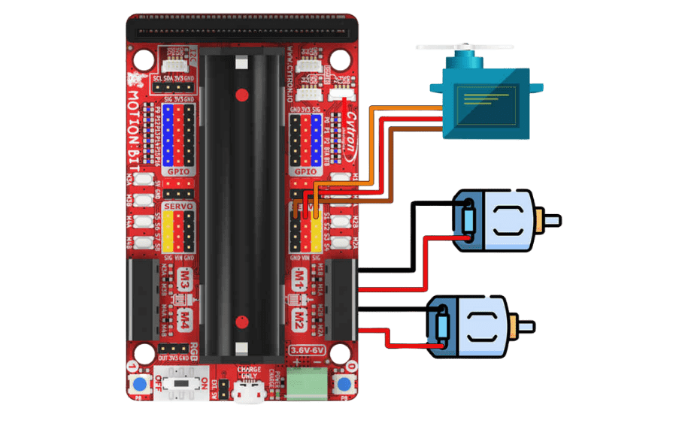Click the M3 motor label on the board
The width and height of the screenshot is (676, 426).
183,285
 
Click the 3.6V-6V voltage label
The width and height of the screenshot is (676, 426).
308,350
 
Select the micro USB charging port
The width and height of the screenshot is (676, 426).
247,391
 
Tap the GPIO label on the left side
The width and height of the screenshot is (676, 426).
178,172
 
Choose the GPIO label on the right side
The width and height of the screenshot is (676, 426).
306,172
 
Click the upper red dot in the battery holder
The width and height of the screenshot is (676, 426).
241,95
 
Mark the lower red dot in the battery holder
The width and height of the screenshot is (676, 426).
241,322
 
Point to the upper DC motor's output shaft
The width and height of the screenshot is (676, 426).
553,221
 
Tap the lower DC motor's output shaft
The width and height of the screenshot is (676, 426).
526,327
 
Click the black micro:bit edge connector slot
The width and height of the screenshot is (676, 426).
241,32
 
